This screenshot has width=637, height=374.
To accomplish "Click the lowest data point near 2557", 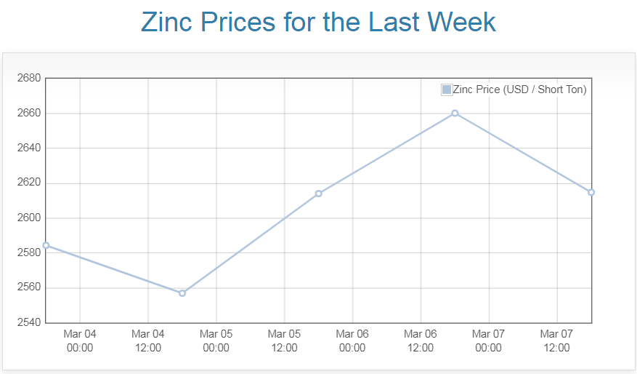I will point(182,293).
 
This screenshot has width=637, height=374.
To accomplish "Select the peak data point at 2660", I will point(455,113).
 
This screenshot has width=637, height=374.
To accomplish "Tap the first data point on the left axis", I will point(46,245).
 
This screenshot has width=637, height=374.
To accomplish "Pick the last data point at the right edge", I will point(591,192).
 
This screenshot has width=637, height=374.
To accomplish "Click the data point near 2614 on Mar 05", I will point(318,194).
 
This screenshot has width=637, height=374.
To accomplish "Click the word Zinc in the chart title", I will point(167,22).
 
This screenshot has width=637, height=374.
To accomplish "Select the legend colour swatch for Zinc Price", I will point(447,89).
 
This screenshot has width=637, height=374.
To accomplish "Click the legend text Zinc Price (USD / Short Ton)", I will point(519,89).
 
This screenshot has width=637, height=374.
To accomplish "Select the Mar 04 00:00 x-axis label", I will point(80,341).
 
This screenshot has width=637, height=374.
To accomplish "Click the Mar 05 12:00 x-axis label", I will point(284,341).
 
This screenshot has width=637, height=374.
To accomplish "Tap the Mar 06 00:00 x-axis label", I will point(352,341).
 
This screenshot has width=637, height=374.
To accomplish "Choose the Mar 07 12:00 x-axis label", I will point(556,341).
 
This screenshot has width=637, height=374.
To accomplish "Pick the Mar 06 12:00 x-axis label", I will point(421,341).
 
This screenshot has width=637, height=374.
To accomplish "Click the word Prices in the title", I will point(240,22).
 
